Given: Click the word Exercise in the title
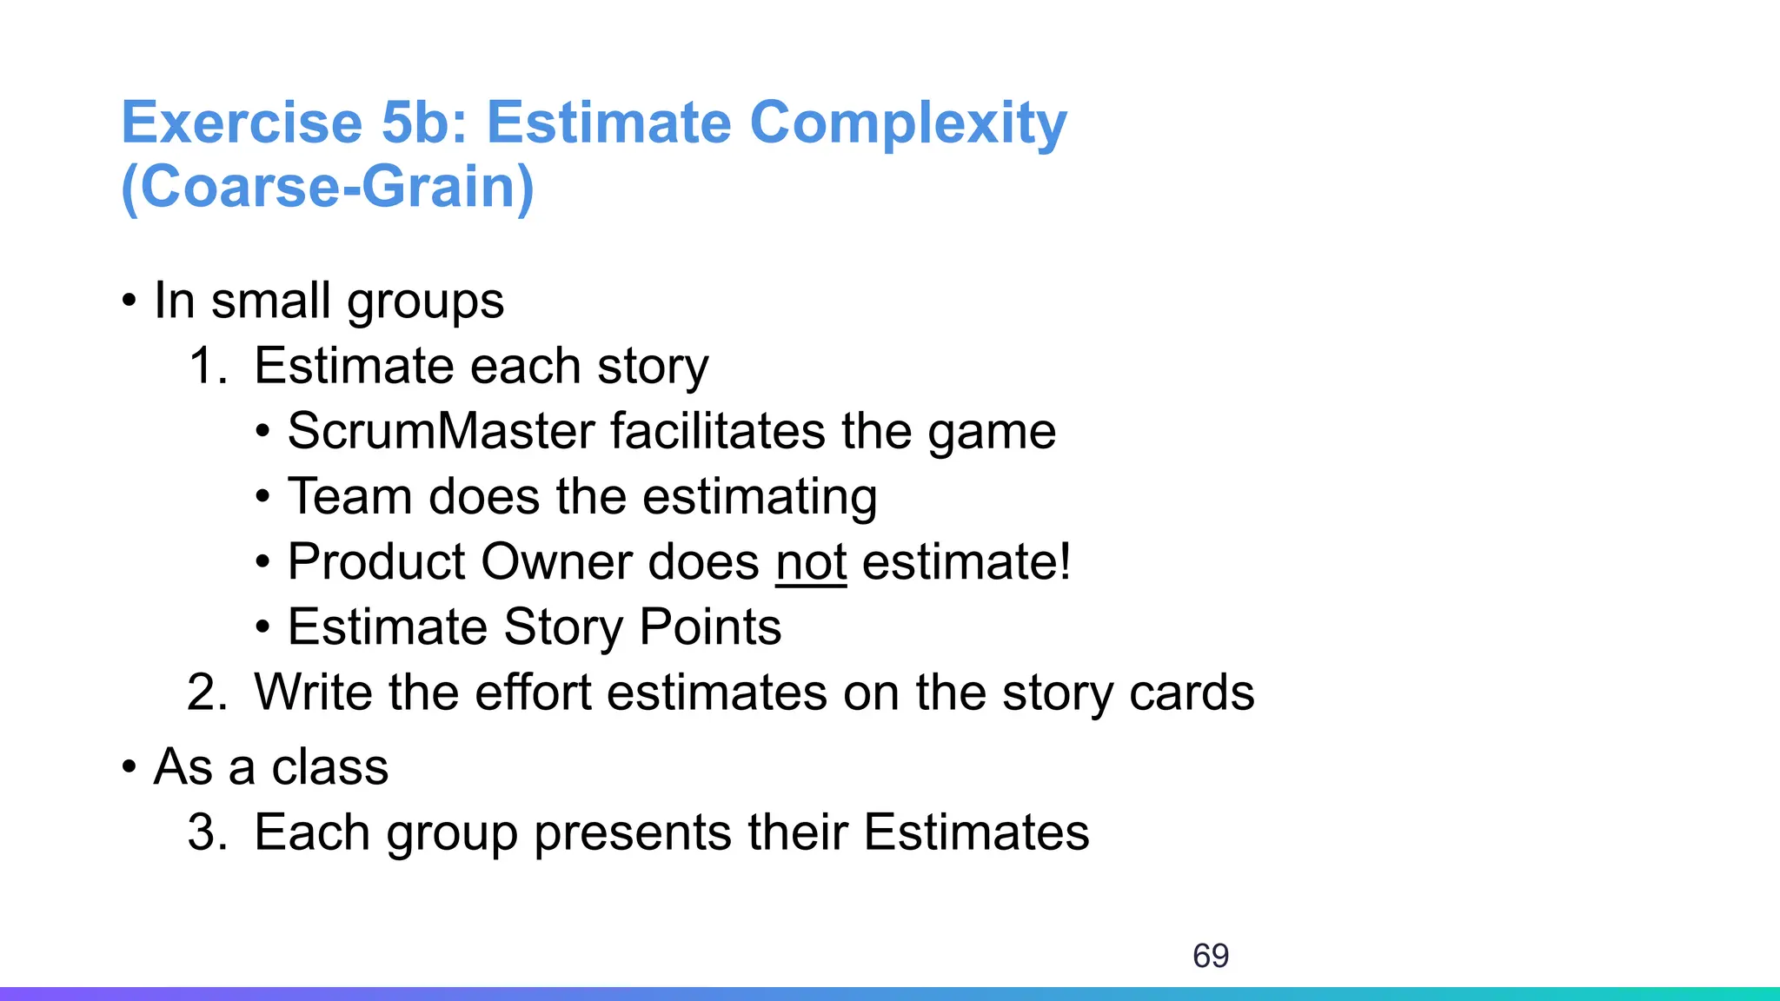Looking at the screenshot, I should pos(241,123).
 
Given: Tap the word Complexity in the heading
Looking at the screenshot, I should pos(907,123).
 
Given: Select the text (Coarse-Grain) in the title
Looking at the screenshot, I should pos(328,187).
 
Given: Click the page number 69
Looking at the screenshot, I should pos(1210,956).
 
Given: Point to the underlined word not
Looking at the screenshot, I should pos(811,562).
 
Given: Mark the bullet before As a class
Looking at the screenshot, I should pos(130,767).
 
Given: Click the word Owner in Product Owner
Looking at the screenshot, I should pos(555,562).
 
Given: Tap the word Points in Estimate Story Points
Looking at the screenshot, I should pos(710,627).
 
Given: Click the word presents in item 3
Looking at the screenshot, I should pos(633,832).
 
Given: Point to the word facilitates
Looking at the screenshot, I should pos(717,431).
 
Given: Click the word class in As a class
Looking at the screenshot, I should pos(329,767).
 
